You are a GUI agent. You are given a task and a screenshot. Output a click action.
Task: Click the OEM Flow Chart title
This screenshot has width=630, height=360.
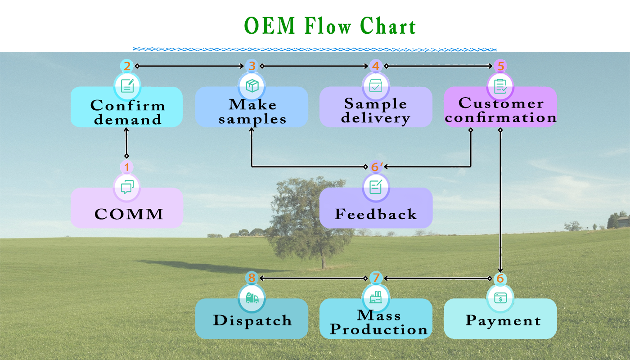[x=330, y=26]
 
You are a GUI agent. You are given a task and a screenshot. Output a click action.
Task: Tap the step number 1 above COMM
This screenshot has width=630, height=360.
[x=126, y=167]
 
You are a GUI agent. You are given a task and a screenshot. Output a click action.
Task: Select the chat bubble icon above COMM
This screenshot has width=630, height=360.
[x=127, y=187]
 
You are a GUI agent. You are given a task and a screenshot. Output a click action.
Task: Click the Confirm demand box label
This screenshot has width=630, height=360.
[x=128, y=112]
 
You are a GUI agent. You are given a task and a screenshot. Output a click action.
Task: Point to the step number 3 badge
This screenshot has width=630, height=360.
[x=252, y=66]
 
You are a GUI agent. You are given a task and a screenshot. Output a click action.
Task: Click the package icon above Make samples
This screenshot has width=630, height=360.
[x=252, y=86]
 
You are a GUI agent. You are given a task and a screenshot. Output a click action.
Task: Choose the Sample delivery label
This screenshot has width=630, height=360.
[x=376, y=111]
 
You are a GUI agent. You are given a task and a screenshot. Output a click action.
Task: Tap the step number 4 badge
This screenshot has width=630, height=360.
[x=376, y=66]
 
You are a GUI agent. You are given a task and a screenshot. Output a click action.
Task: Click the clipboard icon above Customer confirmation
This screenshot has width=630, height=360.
[x=500, y=86]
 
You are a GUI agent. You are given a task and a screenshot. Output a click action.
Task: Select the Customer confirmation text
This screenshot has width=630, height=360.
[x=500, y=110]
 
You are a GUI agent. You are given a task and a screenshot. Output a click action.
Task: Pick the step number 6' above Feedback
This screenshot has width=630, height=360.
[x=377, y=167]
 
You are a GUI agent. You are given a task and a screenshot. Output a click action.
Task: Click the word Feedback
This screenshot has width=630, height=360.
[x=376, y=214]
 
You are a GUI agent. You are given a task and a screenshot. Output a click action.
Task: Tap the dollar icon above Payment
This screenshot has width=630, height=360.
[x=500, y=298]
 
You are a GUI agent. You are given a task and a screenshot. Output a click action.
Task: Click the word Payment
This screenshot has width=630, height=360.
[x=503, y=320]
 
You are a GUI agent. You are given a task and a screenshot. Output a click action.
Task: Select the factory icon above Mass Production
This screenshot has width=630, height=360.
[x=376, y=297]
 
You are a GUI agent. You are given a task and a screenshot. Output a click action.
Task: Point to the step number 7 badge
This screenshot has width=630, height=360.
[x=376, y=278]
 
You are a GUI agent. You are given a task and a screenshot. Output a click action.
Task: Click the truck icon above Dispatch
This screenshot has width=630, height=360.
[x=252, y=298]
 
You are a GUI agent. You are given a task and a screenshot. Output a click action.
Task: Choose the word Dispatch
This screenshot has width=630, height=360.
[x=252, y=320]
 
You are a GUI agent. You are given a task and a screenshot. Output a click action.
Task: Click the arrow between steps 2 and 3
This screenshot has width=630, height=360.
[x=189, y=66]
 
